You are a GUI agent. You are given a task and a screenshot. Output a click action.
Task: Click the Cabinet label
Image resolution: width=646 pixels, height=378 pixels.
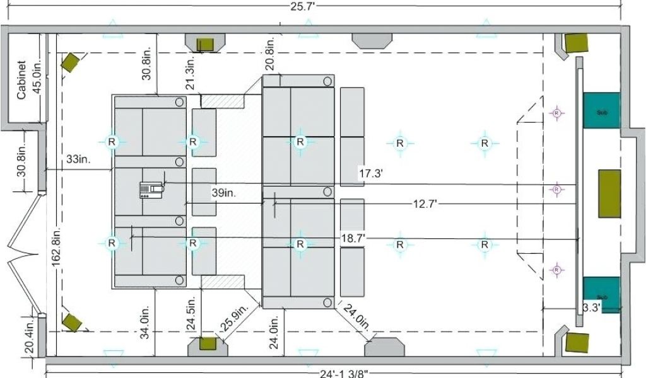21,79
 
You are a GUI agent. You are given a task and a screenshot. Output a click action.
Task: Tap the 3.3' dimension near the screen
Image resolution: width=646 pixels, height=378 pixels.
591,307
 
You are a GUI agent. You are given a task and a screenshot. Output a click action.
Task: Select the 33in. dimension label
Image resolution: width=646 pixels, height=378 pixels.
79,159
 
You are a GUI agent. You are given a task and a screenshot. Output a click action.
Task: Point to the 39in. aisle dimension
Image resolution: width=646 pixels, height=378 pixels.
224,193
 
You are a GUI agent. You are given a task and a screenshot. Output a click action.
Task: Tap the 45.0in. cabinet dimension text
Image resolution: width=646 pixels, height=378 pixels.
36,79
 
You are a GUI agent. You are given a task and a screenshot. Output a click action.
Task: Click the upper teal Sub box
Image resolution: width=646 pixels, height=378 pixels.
601,111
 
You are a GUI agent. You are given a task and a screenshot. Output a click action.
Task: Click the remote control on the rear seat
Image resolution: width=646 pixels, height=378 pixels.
151,190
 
